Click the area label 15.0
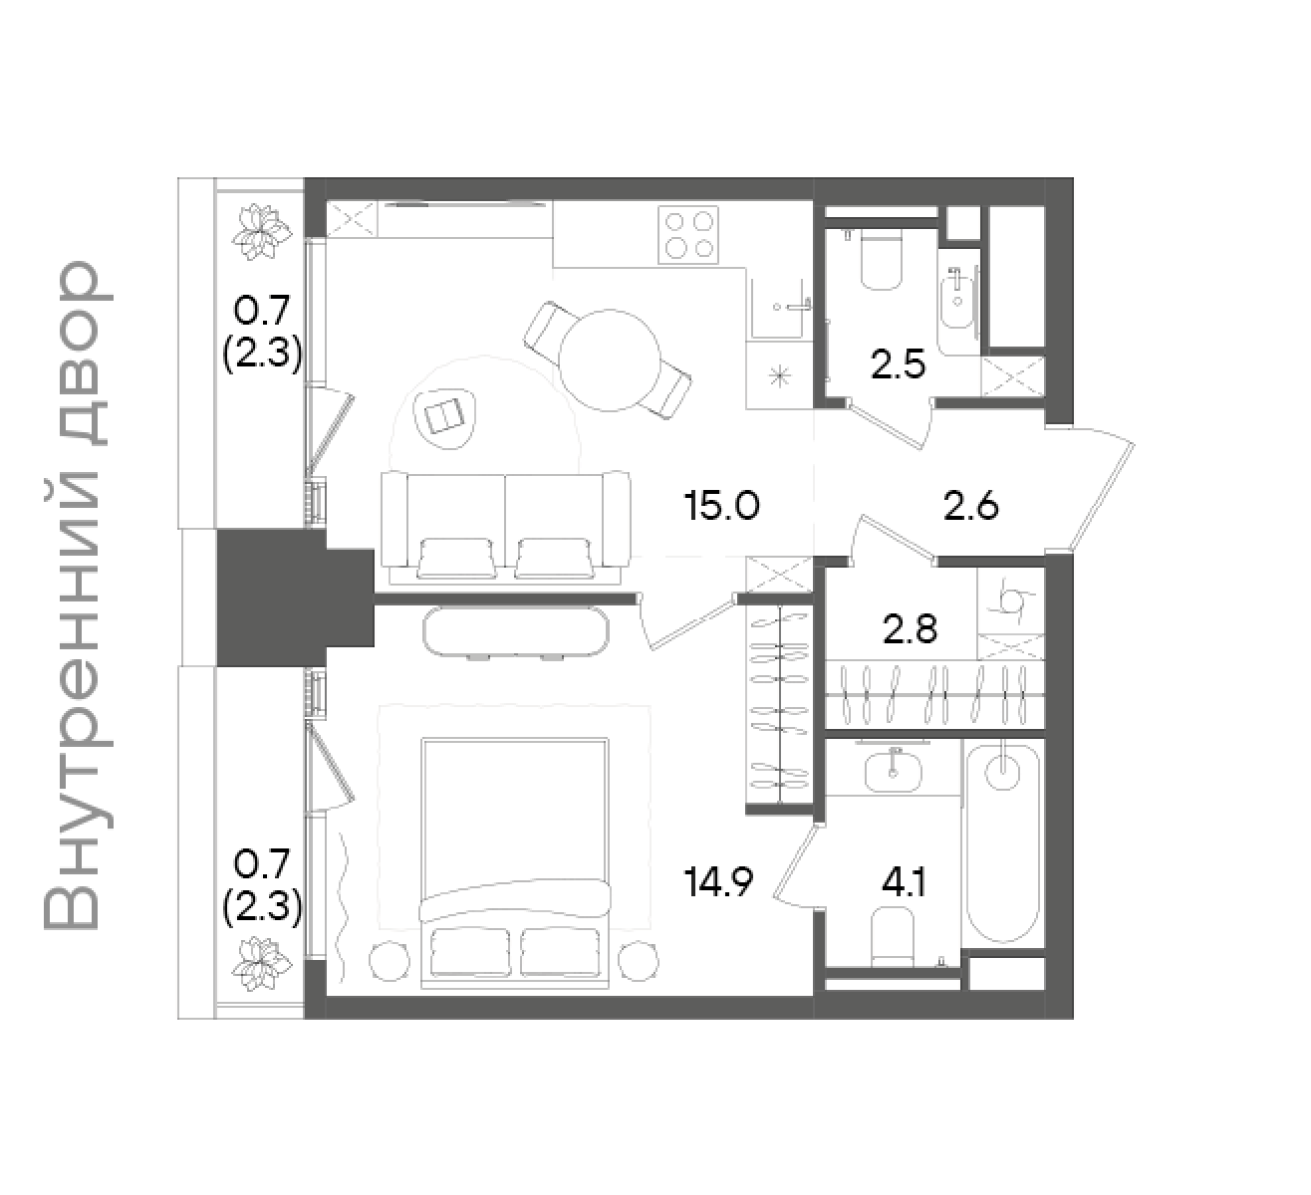721,506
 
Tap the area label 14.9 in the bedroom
718,881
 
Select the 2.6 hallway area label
971,506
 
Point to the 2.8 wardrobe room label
910,630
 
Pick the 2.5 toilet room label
898,365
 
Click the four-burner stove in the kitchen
688,235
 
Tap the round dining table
609,360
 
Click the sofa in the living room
506,527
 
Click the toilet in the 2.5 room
881,259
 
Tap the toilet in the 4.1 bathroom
892,939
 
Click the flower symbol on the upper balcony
261,233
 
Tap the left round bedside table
390,961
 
